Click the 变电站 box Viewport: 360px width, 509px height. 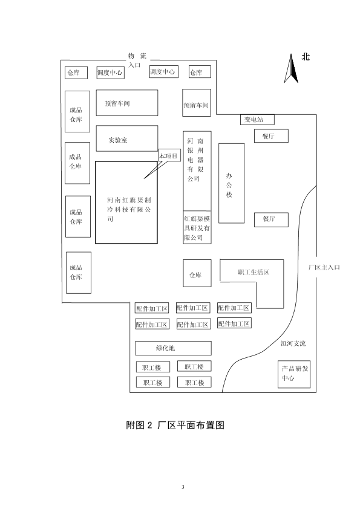coord(257,120)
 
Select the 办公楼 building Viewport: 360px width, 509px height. coord(231,183)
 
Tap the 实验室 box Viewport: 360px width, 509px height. coord(127,138)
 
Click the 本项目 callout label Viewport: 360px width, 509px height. coord(169,156)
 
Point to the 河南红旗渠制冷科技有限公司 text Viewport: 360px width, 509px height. coord(129,209)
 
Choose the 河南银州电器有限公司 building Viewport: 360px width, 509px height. coord(197,171)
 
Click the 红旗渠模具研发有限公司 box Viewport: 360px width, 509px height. coord(197,227)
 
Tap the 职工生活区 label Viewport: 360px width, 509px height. coord(254,272)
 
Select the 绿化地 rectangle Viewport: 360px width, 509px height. coord(174,348)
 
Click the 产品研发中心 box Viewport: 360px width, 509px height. coord(294,374)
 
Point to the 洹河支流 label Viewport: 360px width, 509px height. coord(293,343)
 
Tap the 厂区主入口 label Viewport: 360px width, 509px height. coord(324,267)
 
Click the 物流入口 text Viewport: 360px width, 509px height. coord(137,60)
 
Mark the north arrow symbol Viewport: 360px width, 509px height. coord(291,68)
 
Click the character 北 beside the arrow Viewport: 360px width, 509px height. coord(306,57)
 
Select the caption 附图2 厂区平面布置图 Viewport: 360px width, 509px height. coord(175,425)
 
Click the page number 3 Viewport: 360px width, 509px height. coord(183,487)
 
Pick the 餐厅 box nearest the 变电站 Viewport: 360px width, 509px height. coord(271,136)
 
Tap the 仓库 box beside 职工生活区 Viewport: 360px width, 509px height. coord(197,273)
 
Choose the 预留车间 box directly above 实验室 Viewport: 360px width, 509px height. coord(127,103)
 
